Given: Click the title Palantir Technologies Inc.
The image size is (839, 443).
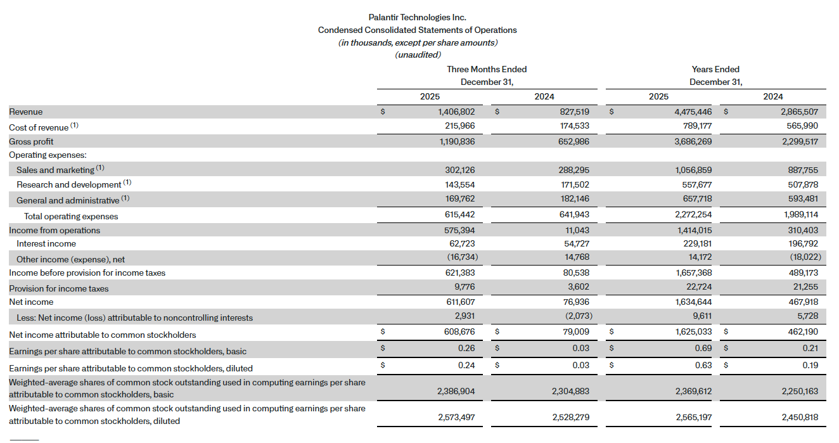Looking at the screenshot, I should pos(417,18).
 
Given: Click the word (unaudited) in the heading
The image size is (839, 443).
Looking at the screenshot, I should pos(418,55).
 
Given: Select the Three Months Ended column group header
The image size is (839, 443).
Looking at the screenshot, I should pos(487,69).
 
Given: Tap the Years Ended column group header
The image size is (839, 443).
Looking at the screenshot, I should pos(715,69).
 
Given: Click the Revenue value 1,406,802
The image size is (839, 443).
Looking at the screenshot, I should pos(456,112).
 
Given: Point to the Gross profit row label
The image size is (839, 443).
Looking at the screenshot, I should pos(31,141).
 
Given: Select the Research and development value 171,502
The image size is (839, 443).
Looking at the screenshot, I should pos(571,184).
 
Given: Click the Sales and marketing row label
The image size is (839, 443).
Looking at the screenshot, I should pos(56,170).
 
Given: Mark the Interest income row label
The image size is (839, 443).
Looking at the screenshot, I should pos(46,243).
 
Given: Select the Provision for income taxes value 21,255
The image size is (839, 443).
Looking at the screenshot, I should pos(804,288).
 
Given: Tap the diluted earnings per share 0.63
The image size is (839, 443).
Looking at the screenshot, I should pos(703,365).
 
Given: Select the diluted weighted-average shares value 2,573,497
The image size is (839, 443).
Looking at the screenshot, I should pos(456,418).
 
